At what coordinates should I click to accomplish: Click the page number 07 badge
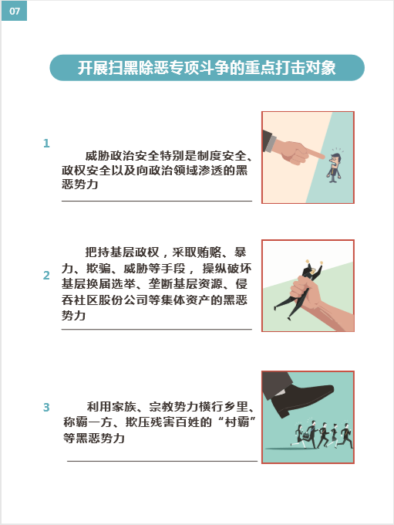pyautogui.click(x=14, y=11)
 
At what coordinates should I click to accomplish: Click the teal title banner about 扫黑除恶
pyautogui.click(x=207, y=68)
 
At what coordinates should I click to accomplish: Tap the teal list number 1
pyautogui.click(x=46, y=144)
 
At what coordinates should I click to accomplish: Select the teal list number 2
pyautogui.click(x=46, y=275)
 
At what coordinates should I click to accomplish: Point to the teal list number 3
pyautogui.click(x=46, y=407)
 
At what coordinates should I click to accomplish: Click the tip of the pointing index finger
pyautogui.click(x=324, y=156)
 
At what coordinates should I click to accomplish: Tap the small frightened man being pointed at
pyautogui.click(x=334, y=166)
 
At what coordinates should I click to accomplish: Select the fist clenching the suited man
pyautogui.click(x=305, y=291)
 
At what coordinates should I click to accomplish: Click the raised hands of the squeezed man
pyautogui.click(x=314, y=263)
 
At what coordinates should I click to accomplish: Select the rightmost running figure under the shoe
pyautogui.click(x=346, y=435)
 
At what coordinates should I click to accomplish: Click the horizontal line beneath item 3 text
pyautogui.click(x=162, y=461)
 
